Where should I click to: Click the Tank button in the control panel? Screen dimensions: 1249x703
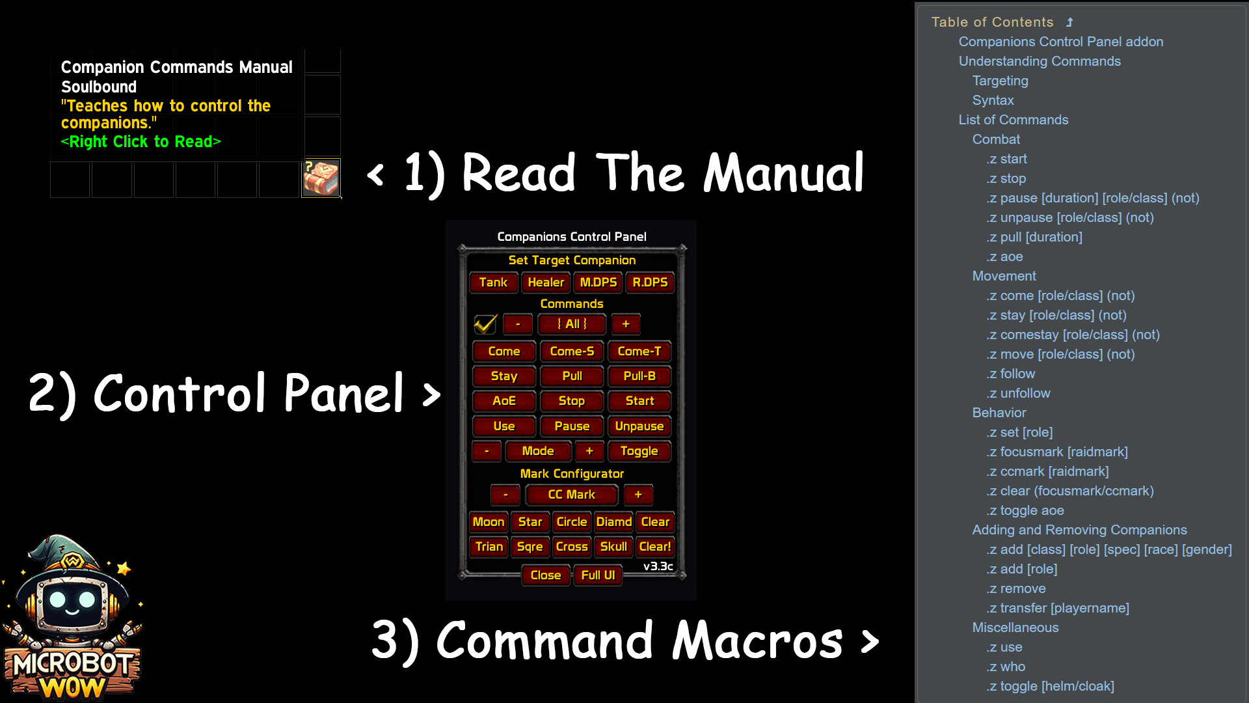[x=493, y=283]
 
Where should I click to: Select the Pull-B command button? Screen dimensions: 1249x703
[x=639, y=376]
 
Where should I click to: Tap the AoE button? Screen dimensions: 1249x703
[x=504, y=401]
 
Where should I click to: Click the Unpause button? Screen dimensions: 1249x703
[x=639, y=426]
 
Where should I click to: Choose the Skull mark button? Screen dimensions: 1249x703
[x=613, y=547]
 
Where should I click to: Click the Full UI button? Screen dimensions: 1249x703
[x=598, y=575]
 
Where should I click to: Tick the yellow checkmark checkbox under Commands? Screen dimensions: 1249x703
[x=485, y=324]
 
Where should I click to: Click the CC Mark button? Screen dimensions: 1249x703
[x=571, y=495]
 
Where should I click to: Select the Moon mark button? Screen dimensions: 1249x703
[x=489, y=522]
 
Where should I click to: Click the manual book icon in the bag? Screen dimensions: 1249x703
[x=321, y=178]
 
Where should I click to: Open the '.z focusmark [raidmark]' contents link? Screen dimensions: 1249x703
[x=1057, y=452]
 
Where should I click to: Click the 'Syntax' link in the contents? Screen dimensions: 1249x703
[x=993, y=100]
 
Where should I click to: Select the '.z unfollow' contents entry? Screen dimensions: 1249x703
[x=1018, y=393]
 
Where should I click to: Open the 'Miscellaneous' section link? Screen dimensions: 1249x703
[x=1015, y=627]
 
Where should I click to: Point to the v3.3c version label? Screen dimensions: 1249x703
[x=658, y=566]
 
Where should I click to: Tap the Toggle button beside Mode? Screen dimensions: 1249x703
[x=639, y=451]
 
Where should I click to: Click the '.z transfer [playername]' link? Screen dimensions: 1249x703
[x=1058, y=608]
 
